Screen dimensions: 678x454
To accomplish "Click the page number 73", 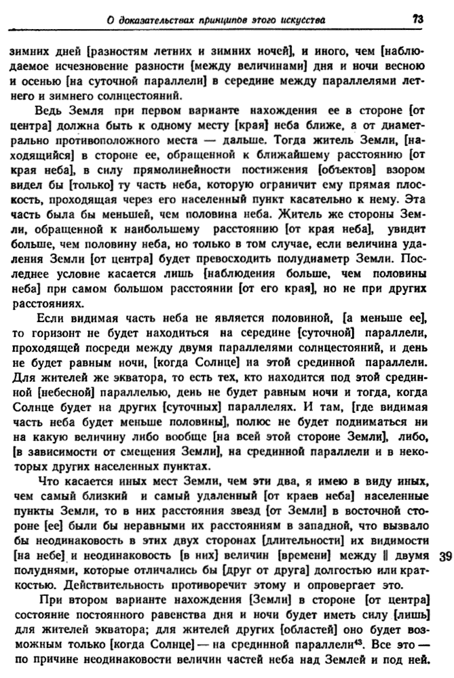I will (x=417, y=20).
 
